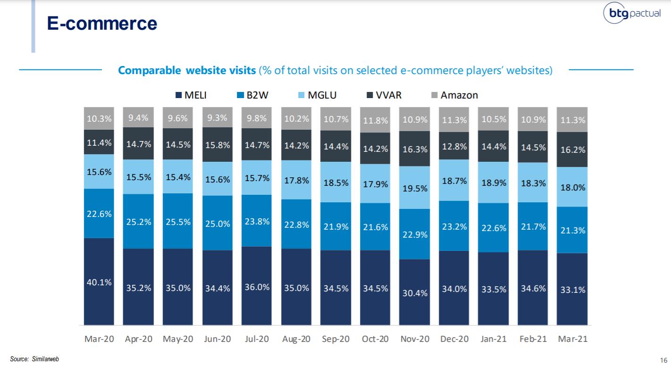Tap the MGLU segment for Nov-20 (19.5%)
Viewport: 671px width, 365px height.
click(x=415, y=188)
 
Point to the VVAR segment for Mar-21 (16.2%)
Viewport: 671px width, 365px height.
click(x=572, y=149)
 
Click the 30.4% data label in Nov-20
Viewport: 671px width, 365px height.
click(x=415, y=292)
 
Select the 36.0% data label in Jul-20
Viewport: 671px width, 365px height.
click(x=257, y=287)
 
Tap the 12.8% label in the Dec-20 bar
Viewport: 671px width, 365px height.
click(x=454, y=146)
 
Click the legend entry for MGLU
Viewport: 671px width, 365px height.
click(x=316, y=95)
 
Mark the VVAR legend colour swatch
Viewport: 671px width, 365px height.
click(x=370, y=95)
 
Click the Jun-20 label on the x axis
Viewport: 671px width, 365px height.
click(x=217, y=339)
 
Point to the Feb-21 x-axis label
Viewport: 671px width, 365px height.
click(x=533, y=339)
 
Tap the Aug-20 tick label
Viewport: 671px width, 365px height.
click(x=296, y=339)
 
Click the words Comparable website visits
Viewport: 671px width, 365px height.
click(x=187, y=70)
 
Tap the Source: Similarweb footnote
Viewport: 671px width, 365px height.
click(x=35, y=359)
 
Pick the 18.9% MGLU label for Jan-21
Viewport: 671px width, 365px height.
click(x=494, y=182)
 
